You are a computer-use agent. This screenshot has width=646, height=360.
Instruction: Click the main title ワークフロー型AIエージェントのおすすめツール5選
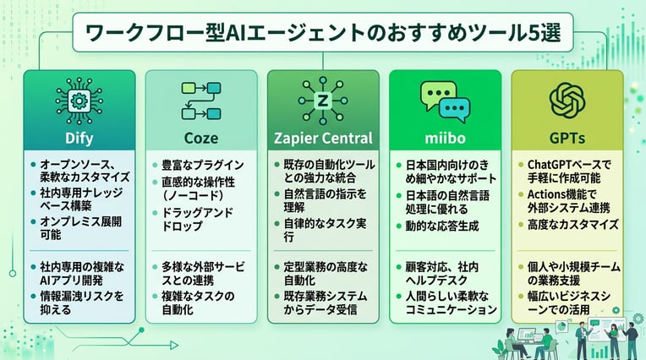[x=322, y=35]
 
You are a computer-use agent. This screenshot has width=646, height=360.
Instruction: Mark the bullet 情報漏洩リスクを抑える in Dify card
[x=78, y=302]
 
